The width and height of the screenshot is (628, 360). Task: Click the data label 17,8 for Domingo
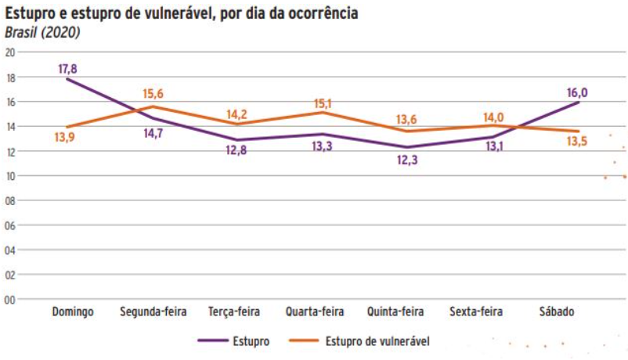[68, 69]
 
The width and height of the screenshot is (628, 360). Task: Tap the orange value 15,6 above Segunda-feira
[153, 95]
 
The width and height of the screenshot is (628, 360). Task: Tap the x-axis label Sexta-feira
[476, 312]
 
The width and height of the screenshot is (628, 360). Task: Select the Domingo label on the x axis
[73, 312]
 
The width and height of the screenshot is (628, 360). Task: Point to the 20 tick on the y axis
[10, 52]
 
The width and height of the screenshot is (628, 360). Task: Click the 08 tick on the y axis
[10, 200]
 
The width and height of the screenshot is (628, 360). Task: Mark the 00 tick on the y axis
[10, 299]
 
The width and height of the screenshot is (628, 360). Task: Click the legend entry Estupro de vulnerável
[377, 340]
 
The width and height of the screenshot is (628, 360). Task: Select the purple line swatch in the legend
[211, 340]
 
